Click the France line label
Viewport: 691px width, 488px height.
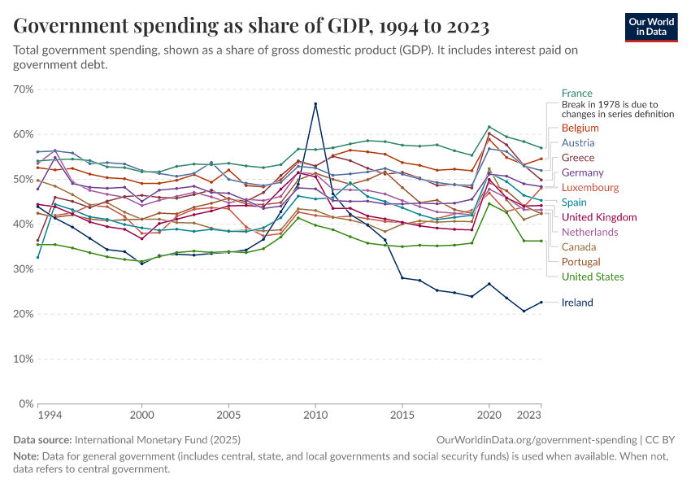576,94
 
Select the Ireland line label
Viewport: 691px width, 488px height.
577,303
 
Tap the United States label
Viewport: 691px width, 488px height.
593,277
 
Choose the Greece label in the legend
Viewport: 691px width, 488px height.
578,158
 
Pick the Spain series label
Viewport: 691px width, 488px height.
575,203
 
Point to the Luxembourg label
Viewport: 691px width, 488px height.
589,187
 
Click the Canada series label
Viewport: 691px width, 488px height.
578,246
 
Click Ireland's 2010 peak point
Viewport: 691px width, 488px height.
315,104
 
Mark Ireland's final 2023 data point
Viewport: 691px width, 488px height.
542,303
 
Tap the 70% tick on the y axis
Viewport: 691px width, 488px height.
23,89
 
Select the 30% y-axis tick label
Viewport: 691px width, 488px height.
23,268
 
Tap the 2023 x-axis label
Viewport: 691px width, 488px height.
530,416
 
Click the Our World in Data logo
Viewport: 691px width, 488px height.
650,27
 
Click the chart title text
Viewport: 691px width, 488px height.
251,27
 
